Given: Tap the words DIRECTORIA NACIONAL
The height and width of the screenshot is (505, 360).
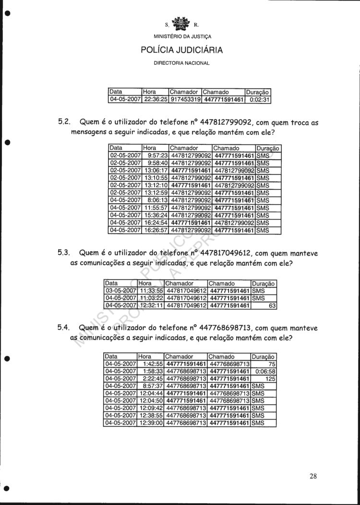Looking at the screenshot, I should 181,63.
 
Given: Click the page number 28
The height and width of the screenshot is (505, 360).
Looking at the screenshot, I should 313,476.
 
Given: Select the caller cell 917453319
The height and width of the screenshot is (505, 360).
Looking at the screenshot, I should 185,100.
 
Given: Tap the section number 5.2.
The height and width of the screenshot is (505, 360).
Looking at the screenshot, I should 64,122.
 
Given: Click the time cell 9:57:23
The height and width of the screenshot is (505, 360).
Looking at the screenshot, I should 157,156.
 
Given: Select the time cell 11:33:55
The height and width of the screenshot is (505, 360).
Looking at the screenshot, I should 151,291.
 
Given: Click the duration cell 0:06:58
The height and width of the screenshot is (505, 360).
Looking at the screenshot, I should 264,371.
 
